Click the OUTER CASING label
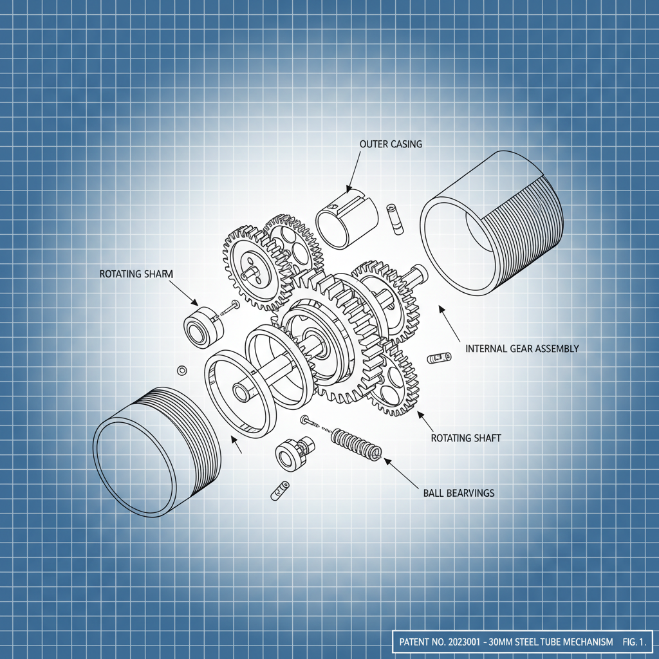click(391, 144)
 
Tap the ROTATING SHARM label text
click(136, 274)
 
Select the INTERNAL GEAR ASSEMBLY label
click(521, 349)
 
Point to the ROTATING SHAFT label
click(465, 438)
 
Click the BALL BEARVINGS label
click(459, 493)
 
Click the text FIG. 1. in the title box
click(633, 642)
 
